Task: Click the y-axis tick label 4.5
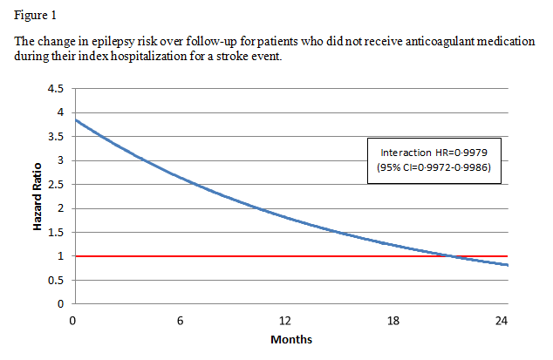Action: [56, 88]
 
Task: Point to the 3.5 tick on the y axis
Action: [56, 136]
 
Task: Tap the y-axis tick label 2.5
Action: [56, 184]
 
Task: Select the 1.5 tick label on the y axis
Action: [56, 232]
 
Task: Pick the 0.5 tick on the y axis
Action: [56, 280]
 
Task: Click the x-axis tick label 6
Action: [180, 320]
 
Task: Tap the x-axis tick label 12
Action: [287, 320]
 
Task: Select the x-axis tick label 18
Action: [394, 320]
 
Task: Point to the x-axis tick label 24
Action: [502, 320]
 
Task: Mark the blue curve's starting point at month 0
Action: [73, 120]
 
